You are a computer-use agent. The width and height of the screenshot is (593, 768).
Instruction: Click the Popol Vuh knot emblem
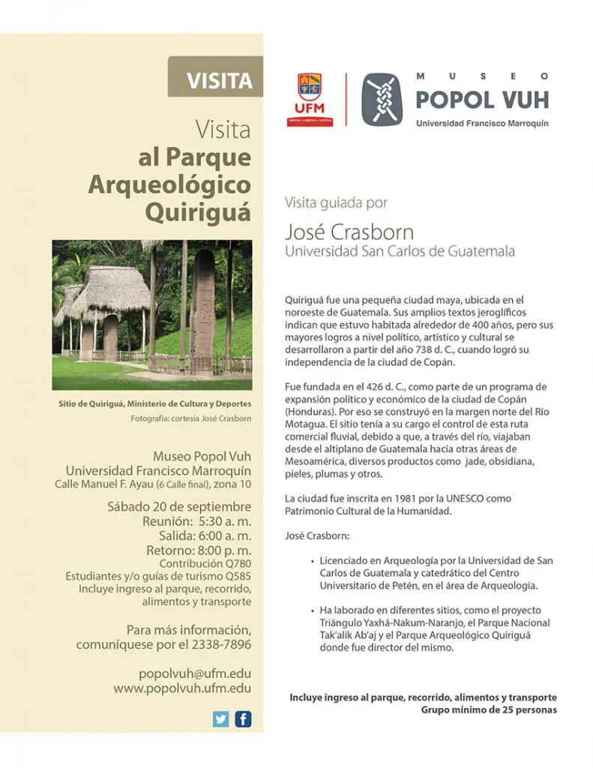pos(382,99)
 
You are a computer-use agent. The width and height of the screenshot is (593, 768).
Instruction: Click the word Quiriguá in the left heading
pos(198,212)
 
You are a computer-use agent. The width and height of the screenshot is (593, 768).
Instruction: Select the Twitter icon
pos(220,719)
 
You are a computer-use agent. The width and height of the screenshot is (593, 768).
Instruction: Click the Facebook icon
pos(243,719)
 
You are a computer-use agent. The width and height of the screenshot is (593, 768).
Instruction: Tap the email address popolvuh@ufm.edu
pos(195,673)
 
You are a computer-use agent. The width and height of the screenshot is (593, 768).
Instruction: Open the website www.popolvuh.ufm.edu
pos(182,688)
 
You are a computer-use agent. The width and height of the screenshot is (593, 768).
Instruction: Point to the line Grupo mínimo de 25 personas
pos(489,709)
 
